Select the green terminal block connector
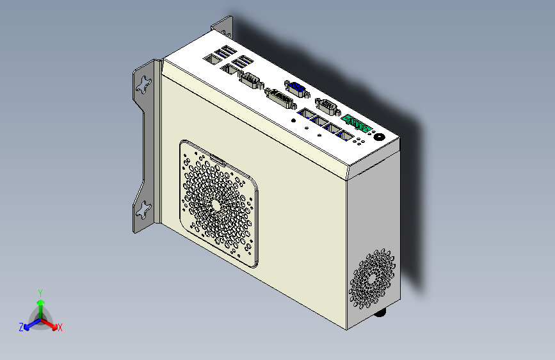click(356, 124)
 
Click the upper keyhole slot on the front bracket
click(145, 84)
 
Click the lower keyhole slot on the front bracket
click(144, 209)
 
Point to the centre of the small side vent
click(372, 279)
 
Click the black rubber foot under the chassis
click(381, 313)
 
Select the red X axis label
click(60, 327)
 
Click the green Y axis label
click(40, 292)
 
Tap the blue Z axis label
click(21, 327)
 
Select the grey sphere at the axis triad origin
click(40, 316)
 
